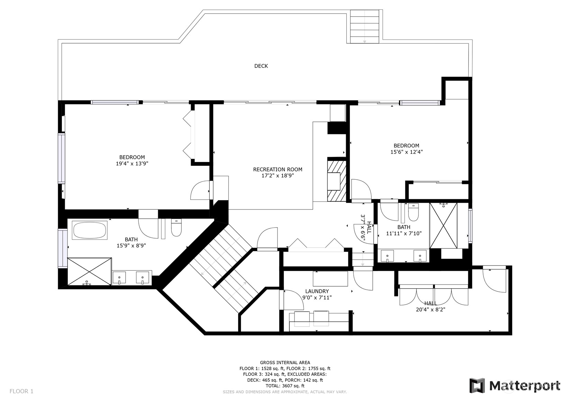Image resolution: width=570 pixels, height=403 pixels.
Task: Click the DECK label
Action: [261, 66]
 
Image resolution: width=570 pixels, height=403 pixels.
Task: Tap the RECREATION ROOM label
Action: [278, 169]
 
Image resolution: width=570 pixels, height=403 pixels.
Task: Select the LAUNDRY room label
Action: [317, 291]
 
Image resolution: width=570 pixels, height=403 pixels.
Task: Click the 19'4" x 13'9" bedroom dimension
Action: [132, 163]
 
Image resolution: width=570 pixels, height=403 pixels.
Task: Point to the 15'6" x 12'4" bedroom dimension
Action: [407, 152]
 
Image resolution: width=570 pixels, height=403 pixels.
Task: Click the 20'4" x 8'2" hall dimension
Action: [431, 310]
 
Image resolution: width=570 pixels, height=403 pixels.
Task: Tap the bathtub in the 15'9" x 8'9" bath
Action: [90, 230]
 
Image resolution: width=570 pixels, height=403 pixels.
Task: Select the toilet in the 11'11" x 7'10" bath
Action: [413, 212]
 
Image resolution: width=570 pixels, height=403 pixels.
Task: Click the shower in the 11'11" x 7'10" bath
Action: [443, 225]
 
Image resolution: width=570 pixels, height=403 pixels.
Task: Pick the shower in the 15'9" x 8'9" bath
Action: [89, 271]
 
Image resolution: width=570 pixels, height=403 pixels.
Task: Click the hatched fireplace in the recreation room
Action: [337, 181]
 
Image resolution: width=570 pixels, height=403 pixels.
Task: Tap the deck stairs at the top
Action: [365, 26]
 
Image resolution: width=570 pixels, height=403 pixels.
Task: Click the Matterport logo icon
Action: [477, 385]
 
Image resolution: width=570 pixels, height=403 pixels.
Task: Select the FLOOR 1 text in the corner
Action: [21, 391]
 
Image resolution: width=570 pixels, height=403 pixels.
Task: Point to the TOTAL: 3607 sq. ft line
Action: [285, 386]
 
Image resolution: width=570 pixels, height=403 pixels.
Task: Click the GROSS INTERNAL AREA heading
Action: [285, 362]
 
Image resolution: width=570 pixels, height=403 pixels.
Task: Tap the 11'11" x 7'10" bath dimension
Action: [404, 233]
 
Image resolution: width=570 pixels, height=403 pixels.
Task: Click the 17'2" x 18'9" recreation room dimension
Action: [278, 176]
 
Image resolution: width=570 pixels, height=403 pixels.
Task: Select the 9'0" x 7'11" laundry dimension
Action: [317, 297]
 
